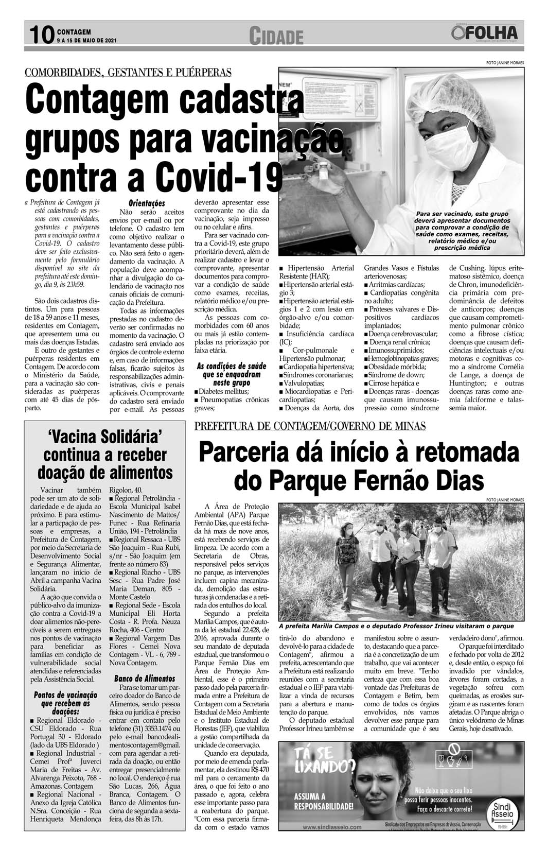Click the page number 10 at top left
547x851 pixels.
coord(41,34)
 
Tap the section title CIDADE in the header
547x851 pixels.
coord(276,37)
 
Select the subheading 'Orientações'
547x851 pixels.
coord(147,203)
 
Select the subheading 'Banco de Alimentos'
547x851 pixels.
coord(144,678)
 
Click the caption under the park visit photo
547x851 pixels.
coord(396,626)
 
